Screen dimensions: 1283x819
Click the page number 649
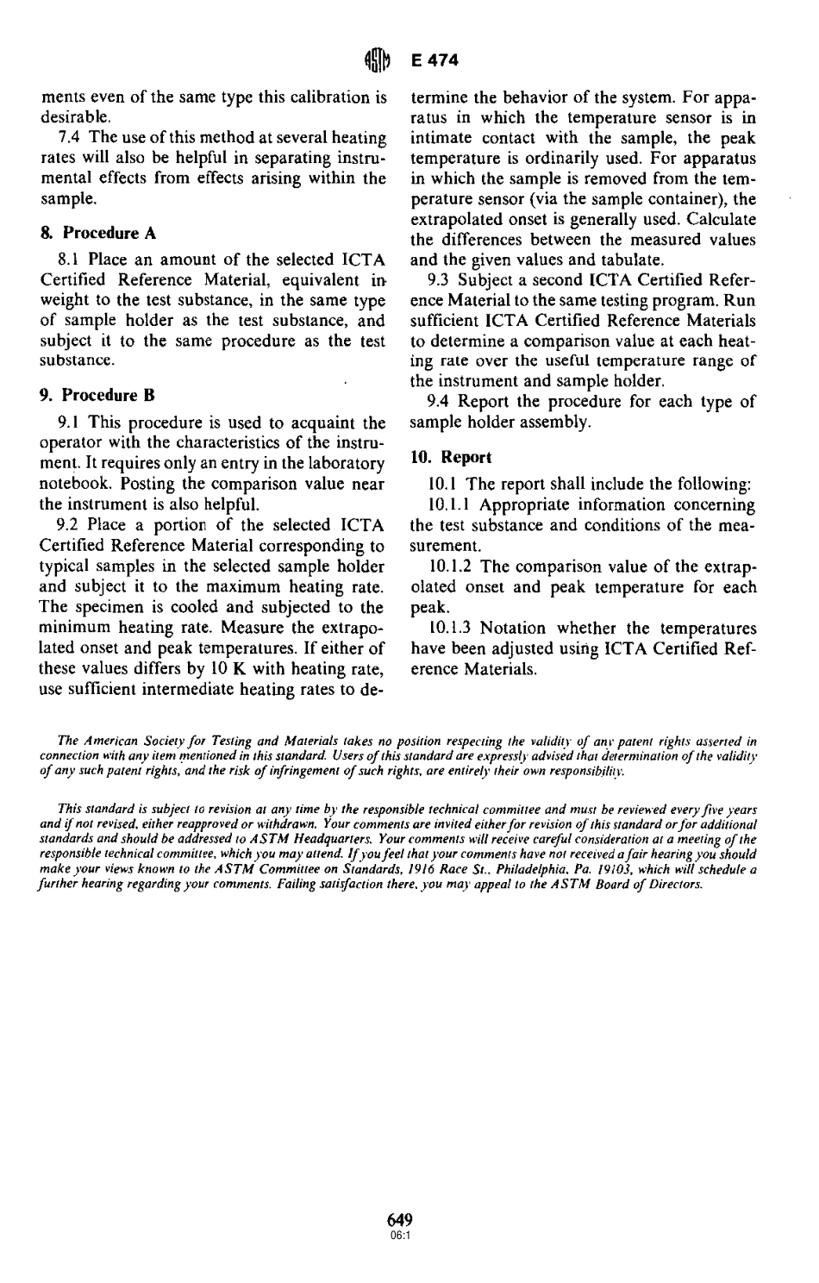click(400, 1220)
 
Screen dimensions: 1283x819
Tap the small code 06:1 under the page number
click(400, 1234)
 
